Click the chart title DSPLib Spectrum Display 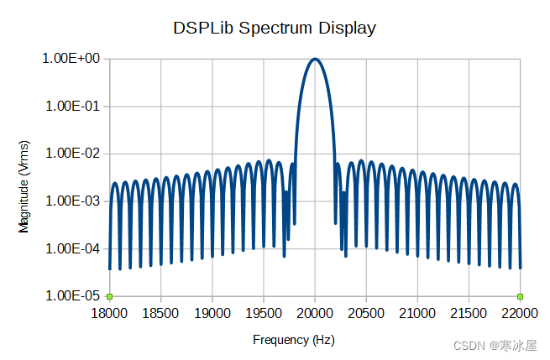275,28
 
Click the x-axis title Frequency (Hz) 294,340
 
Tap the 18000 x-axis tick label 109,312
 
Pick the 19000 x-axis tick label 212,312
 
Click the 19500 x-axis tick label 264,312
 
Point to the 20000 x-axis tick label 315,312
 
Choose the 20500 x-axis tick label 366,312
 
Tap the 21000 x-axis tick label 417,312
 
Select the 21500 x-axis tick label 469,312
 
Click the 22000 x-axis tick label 520,312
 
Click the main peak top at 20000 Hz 315,59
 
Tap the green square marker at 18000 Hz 109,296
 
